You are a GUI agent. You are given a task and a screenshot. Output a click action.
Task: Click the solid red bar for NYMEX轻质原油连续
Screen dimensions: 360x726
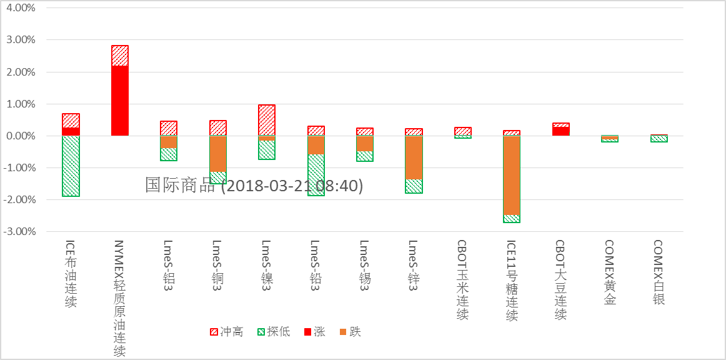tap(119, 101)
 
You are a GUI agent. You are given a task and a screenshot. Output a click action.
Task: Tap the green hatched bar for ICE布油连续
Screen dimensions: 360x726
tap(71, 166)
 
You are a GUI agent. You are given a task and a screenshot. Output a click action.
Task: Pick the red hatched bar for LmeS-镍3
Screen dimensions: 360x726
tap(267, 120)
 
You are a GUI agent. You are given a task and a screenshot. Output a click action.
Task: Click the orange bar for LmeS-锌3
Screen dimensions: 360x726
tap(414, 157)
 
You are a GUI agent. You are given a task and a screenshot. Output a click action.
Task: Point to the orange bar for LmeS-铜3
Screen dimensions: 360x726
tap(217, 154)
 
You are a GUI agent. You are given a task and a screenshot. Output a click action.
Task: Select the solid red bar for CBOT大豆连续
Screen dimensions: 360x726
tap(561, 131)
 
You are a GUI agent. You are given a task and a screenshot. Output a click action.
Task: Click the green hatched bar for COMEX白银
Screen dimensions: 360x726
tap(659, 139)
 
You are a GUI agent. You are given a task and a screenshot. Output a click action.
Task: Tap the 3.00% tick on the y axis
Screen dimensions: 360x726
tap(22, 40)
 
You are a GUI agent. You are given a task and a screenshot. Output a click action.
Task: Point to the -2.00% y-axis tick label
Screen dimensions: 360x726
tap(21, 200)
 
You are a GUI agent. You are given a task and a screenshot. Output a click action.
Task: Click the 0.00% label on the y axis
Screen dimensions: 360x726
tap(22, 136)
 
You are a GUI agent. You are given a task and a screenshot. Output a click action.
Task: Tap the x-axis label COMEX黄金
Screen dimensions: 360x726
tap(610, 272)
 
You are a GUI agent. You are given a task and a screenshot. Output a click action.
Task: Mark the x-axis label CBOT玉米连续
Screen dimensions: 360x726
tap(462, 280)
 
